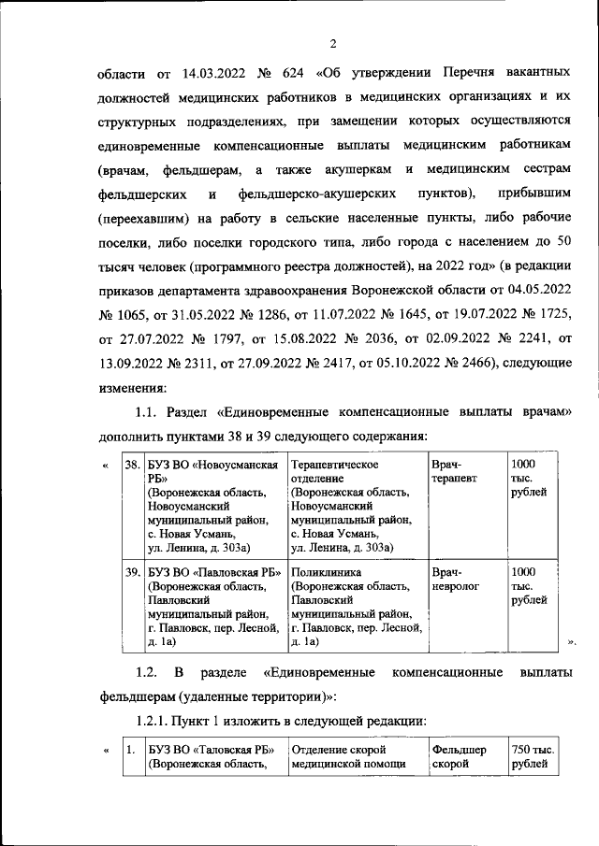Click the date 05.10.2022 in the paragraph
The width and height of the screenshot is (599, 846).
click(390, 361)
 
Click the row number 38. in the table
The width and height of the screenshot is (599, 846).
click(133, 465)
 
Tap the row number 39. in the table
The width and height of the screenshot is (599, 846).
click(133, 570)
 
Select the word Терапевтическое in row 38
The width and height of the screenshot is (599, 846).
click(334, 465)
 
